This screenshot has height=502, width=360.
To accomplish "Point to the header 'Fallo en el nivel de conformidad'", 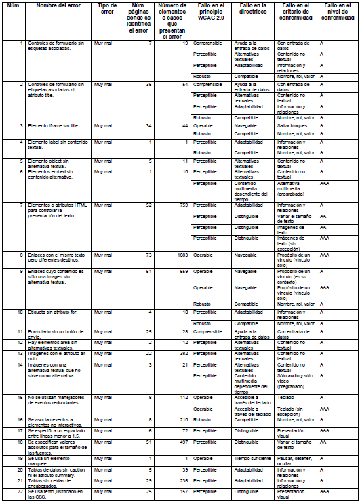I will coord(337,12).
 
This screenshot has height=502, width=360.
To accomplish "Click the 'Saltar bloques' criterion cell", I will coord(296,125).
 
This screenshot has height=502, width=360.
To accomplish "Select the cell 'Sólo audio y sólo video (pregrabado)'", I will coord(296,377).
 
